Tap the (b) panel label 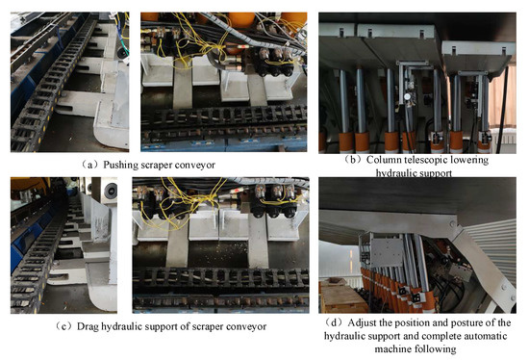[x=353, y=160]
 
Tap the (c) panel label [x=64, y=326]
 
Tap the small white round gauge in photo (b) [x=408, y=96]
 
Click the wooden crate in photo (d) [x=341, y=296]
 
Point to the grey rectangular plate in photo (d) [x=387, y=252]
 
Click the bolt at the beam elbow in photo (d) [x=452, y=223]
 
